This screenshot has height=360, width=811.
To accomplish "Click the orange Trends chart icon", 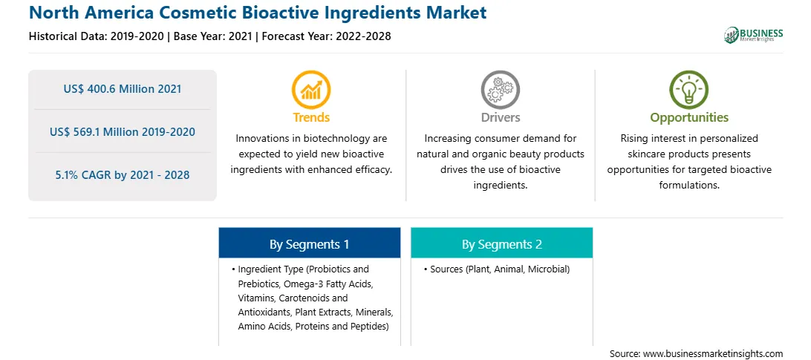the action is pyautogui.click(x=311, y=90).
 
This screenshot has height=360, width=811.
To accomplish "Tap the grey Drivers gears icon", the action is pyautogui.click(x=500, y=90).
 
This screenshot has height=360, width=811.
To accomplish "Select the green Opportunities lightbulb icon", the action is pyautogui.click(x=689, y=90).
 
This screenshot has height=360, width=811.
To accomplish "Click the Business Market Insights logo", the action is pyautogui.click(x=753, y=35).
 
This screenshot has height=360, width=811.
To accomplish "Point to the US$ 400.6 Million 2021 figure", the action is pyautogui.click(x=123, y=89).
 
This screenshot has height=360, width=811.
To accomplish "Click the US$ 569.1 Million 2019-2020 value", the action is pyautogui.click(x=123, y=132).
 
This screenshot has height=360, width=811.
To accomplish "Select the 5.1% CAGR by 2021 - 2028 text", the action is pyautogui.click(x=123, y=175).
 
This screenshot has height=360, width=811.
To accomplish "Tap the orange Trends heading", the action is pyautogui.click(x=311, y=117).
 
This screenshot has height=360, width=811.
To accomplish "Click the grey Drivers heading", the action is pyautogui.click(x=500, y=117).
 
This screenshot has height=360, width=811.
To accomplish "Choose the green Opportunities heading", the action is pyautogui.click(x=689, y=117).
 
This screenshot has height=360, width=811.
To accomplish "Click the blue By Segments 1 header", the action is pyautogui.click(x=309, y=243).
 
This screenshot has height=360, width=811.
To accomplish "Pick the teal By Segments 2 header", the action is pyautogui.click(x=502, y=243).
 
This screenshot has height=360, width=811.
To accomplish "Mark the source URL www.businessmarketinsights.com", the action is pyautogui.click(x=713, y=354).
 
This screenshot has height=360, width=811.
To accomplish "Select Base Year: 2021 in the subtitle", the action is pyautogui.click(x=212, y=36).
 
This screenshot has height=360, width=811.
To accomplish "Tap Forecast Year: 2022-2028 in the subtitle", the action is pyautogui.click(x=323, y=36).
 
